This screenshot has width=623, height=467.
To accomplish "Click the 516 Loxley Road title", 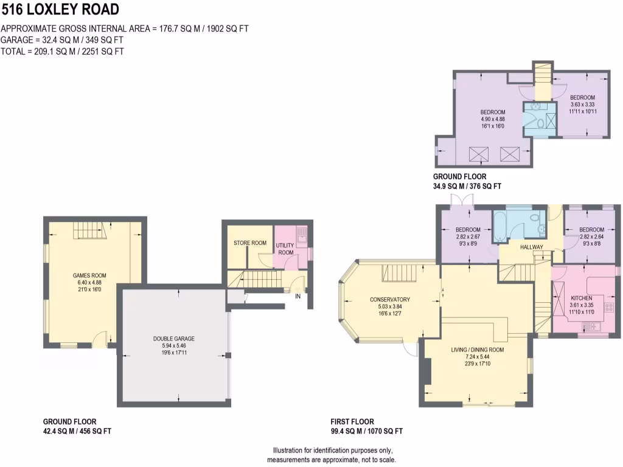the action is [x=60, y=9].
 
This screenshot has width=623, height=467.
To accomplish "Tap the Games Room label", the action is [x=89, y=275].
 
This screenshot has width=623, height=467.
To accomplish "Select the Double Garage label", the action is [x=174, y=339].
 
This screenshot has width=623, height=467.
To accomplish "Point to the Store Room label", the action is [x=250, y=243].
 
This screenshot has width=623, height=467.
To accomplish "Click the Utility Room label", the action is [x=285, y=249].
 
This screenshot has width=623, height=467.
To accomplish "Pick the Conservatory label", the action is [x=390, y=299].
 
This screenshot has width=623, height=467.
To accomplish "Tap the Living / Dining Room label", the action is [x=477, y=350].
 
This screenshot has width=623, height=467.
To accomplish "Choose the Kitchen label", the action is [x=581, y=298].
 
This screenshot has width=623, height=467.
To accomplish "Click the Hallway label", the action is [x=532, y=247].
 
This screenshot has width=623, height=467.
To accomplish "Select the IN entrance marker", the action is [x=298, y=296].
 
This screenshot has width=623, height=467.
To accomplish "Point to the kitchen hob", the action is [x=608, y=307].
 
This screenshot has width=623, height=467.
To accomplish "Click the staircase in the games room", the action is [x=88, y=230].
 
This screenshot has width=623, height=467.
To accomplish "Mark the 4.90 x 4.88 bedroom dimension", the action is [x=493, y=119].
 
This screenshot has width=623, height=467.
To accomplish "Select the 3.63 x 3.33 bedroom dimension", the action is [x=582, y=105].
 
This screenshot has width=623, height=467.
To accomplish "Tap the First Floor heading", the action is [x=352, y=422].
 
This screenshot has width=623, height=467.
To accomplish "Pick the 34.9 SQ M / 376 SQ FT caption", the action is [x=467, y=186].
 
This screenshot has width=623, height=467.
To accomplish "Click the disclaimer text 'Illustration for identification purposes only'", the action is [x=333, y=451].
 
